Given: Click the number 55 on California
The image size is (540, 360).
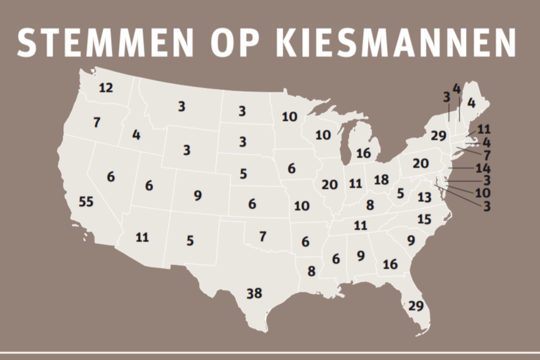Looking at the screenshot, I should click(x=86, y=202).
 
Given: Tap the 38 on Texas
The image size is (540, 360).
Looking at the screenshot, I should click(x=254, y=293).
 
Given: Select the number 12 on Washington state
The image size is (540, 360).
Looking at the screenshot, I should click(x=105, y=88).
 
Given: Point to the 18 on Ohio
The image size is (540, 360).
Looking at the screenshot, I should click(x=381, y=180).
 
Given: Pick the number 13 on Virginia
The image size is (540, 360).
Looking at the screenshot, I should click(x=424, y=197).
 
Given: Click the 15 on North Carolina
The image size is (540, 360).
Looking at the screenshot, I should click(x=424, y=219).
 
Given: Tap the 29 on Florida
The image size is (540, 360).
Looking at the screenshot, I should click(x=416, y=306).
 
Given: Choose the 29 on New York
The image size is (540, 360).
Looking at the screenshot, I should click(x=438, y=136).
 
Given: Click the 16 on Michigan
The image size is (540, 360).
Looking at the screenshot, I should click(x=363, y=153).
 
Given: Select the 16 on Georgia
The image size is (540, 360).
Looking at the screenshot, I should click(x=390, y=264).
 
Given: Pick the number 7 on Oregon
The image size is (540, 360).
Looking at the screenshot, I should click(x=96, y=123).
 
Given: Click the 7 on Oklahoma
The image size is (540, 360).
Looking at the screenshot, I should click(x=263, y=236).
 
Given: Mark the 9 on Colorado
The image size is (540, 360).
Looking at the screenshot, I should click(x=198, y=195).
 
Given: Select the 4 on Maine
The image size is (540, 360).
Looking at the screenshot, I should click(x=471, y=102).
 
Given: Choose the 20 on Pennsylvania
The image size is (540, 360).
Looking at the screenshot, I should click(x=420, y=164).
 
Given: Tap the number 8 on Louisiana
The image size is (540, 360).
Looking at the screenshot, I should click(x=312, y=271).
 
